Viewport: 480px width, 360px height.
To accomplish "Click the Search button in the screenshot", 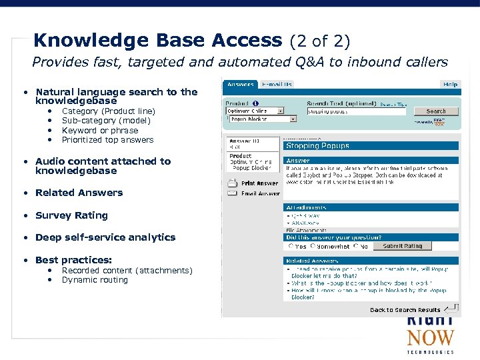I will tap(436, 111).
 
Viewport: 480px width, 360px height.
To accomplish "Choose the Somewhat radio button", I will tap(313, 246).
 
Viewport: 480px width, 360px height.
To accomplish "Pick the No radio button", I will tap(357, 246).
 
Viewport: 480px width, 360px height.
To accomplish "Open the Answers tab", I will tap(240, 85).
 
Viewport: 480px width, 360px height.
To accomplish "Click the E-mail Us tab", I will tap(277, 85).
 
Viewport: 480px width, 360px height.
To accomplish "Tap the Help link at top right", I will tap(450, 85).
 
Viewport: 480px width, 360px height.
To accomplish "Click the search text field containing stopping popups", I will tap(356, 111).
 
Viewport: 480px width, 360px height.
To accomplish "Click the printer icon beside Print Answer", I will tap(232, 183).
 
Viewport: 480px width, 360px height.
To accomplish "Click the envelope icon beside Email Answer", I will tap(232, 193).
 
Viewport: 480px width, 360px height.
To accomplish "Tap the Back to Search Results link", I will tap(405, 310).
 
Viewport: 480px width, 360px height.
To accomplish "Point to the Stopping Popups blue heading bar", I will tap(371, 145).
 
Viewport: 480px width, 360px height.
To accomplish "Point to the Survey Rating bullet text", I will tap(71, 215).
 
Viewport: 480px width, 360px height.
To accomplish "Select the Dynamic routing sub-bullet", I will tap(95, 280).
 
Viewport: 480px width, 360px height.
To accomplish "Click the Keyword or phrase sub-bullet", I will tap(100, 131).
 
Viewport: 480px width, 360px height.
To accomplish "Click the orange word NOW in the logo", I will tap(430, 338).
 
